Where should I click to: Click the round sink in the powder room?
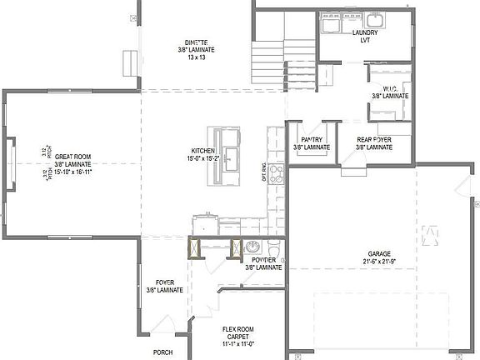252,247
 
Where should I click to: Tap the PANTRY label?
311,140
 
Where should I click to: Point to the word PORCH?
162,352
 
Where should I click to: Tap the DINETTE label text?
196,42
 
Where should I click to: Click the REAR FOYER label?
373,140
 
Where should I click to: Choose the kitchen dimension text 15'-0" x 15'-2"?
205,158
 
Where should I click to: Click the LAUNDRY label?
365,33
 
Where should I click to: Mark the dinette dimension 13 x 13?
196,58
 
